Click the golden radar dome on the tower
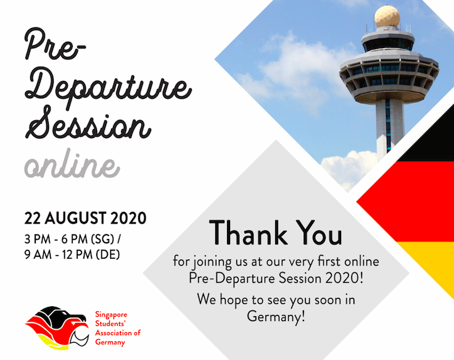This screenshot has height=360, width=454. coord(387,16)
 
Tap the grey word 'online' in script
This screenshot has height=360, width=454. coord(72,164)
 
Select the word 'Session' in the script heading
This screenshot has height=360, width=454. coord(88,122)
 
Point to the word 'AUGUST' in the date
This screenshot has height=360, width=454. coord(75,218)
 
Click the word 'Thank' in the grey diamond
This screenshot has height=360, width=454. coord(248,233)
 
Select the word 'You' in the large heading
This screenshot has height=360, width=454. coord(320,233)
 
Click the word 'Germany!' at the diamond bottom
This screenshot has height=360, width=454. coord(276,316)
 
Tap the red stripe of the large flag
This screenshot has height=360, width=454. coord(411,202)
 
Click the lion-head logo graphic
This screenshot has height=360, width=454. coord(57,327)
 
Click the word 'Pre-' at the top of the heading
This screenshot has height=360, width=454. coord(54,44)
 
